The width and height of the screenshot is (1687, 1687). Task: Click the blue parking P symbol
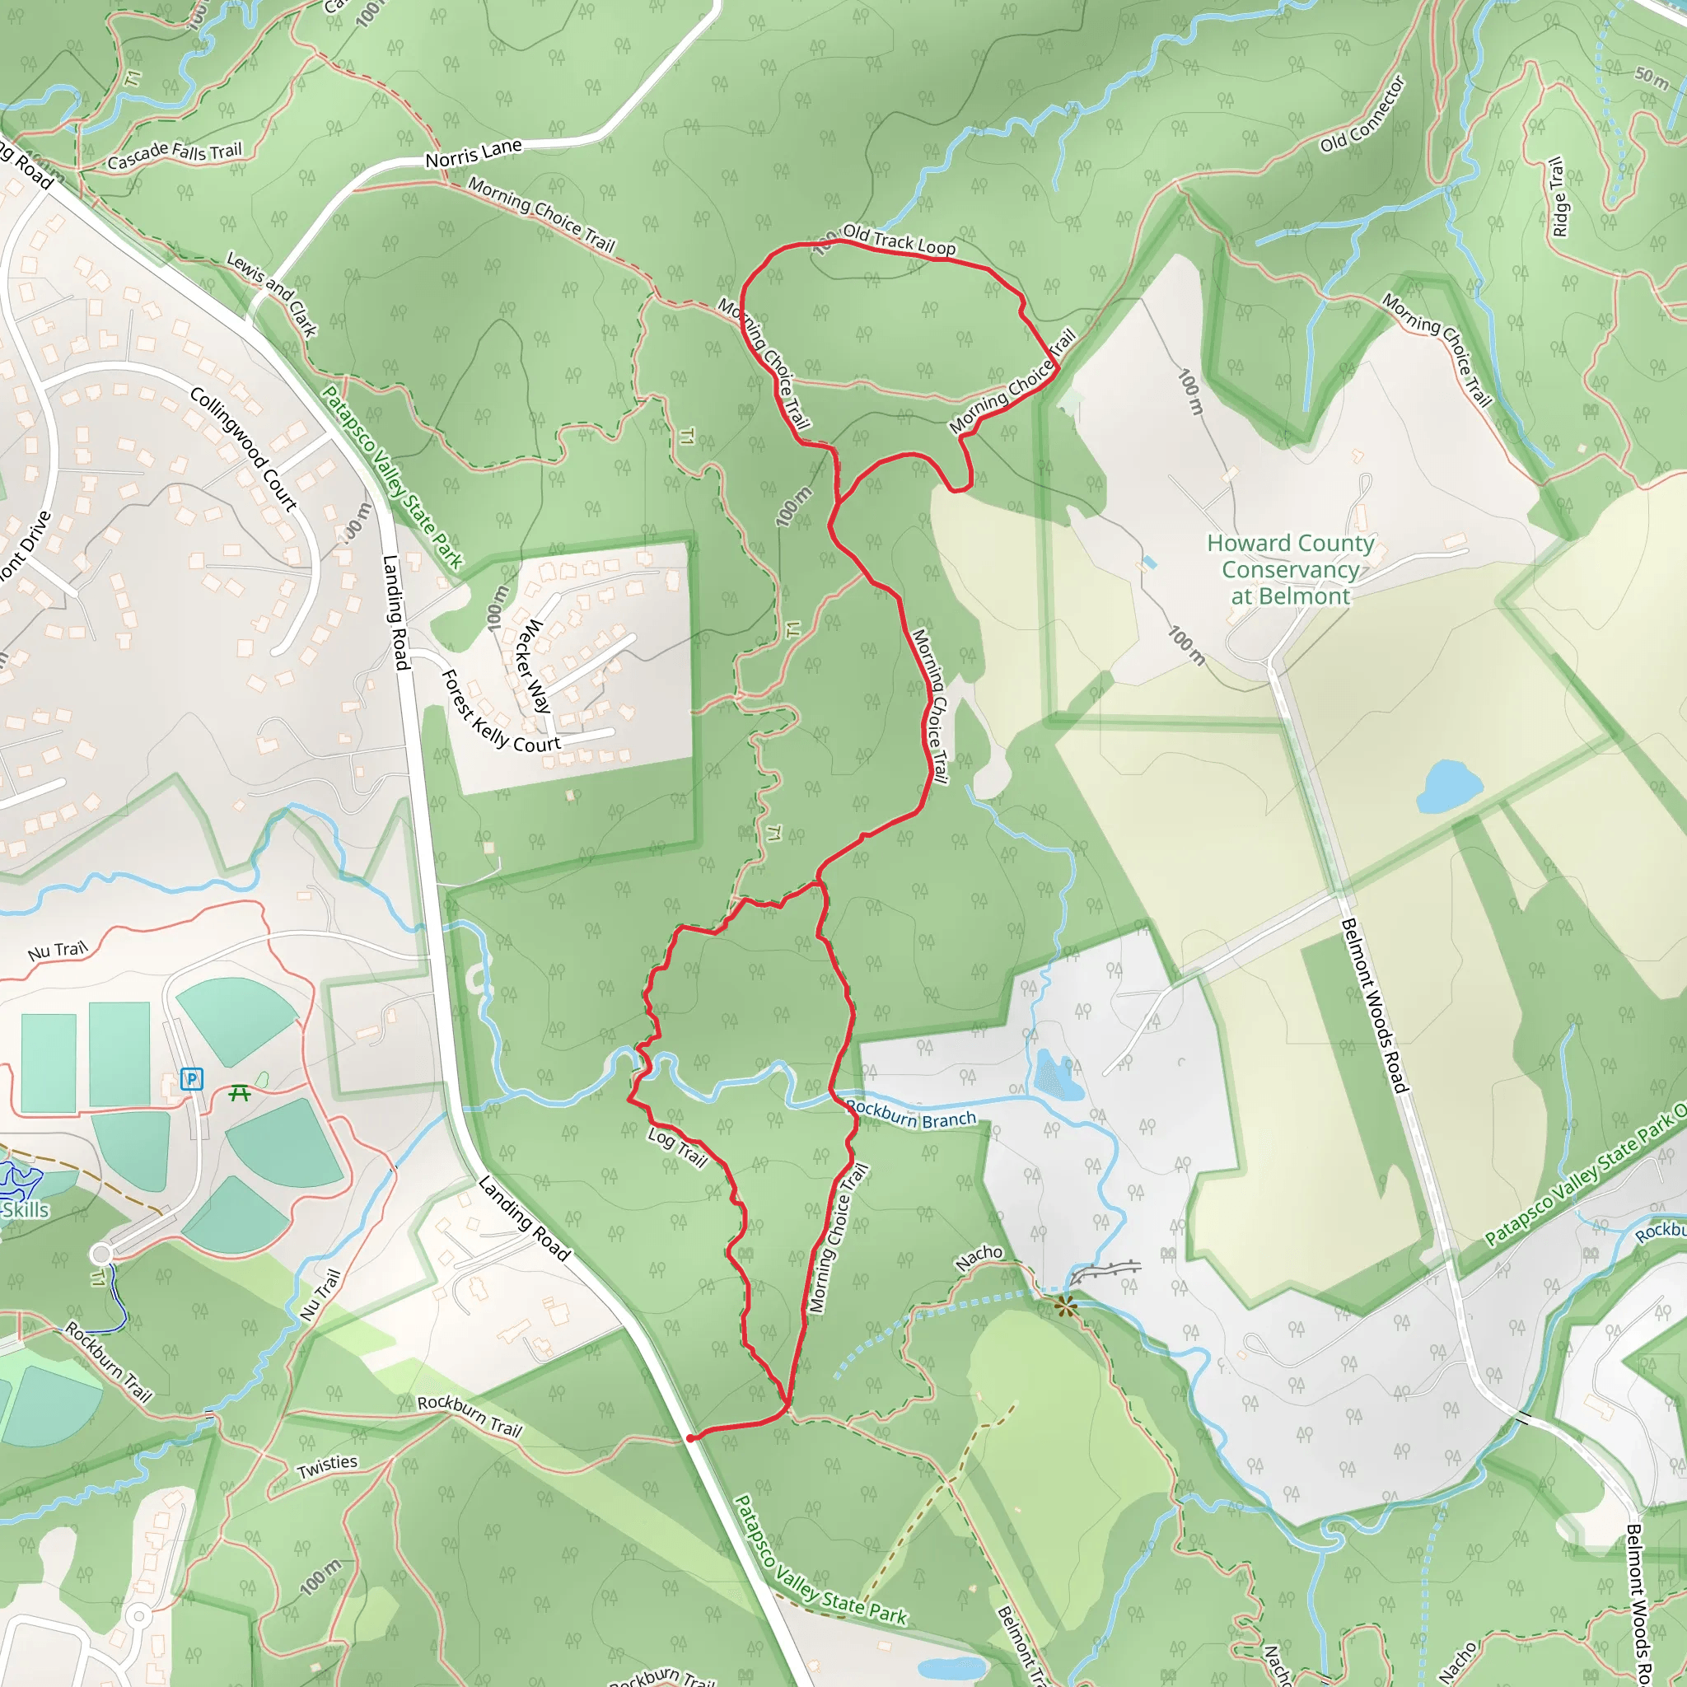pyautogui.click(x=191, y=1079)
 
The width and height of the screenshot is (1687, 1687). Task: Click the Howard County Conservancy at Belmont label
pyautogui.click(x=1291, y=569)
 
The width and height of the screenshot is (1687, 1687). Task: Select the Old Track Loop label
pyautogui.click(x=899, y=241)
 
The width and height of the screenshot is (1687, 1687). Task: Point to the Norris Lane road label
pyautogui.click(x=474, y=154)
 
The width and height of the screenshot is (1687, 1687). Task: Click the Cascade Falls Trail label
pyautogui.click(x=175, y=155)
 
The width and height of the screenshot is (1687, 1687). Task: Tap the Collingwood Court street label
pyautogui.click(x=244, y=449)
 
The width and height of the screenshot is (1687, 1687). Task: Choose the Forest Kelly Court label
pyautogui.click(x=500, y=713)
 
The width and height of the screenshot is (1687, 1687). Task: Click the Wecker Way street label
pyautogui.click(x=534, y=666)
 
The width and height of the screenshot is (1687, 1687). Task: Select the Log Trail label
pyautogui.click(x=678, y=1147)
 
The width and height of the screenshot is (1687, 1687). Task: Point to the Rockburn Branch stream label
pyautogui.click(x=911, y=1115)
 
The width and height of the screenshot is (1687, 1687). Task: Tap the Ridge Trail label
pyautogui.click(x=1558, y=197)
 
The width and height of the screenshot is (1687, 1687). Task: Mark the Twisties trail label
pyautogui.click(x=328, y=1466)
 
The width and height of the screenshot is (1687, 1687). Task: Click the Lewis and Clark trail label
pyautogui.click(x=272, y=293)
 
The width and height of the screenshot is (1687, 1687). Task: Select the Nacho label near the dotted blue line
pyautogui.click(x=979, y=1257)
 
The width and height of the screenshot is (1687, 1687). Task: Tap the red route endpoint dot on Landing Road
pyautogui.click(x=690, y=1438)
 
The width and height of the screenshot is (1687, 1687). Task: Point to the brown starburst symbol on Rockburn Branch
pyautogui.click(x=1064, y=1306)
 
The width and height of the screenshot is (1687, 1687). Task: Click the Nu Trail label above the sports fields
pyautogui.click(x=58, y=950)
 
